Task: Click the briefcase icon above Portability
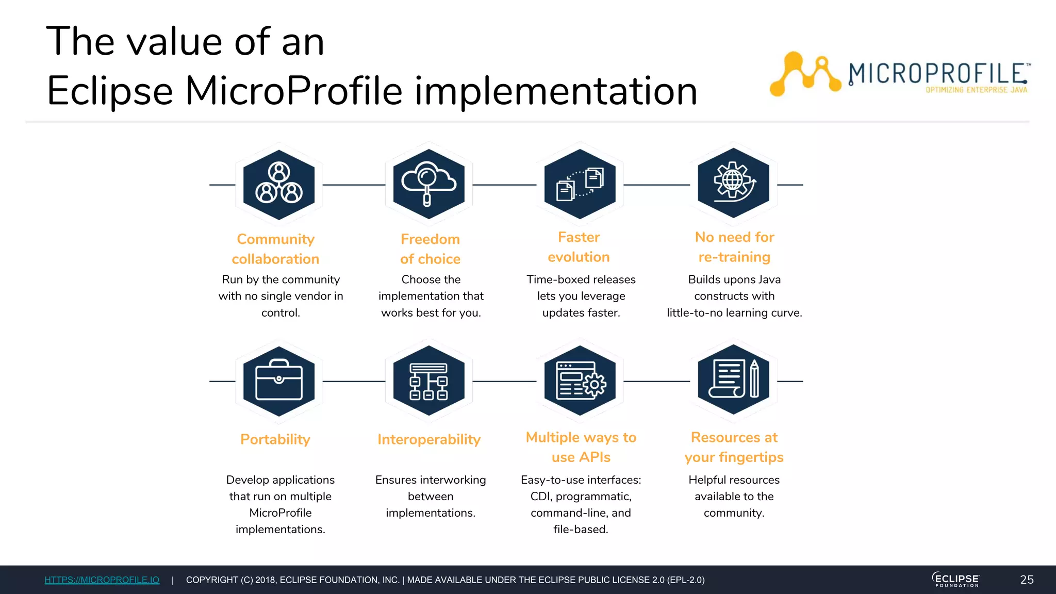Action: point(279,381)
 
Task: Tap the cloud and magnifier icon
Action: point(428,184)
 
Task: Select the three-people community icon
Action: point(279,184)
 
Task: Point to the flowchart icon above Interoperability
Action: point(428,381)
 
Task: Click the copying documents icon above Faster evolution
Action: point(580,184)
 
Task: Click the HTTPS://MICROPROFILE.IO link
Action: point(102,580)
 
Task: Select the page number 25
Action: point(1027,580)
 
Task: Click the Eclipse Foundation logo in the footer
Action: point(956,580)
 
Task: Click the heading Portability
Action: point(275,439)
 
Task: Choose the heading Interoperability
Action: point(429,439)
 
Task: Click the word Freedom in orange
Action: point(430,239)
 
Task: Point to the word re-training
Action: point(734,257)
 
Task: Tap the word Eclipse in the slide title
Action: point(110,91)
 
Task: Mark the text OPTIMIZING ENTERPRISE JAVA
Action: point(976,90)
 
